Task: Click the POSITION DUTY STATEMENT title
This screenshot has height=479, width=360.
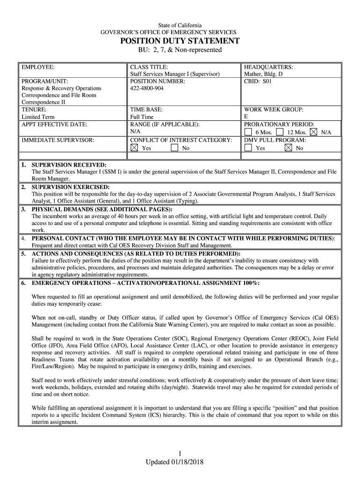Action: [x=180, y=41]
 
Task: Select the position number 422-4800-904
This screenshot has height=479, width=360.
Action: [x=147, y=88]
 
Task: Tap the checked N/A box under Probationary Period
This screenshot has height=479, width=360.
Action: [x=313, y=132]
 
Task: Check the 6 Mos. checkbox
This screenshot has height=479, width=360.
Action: [x=248, y=132]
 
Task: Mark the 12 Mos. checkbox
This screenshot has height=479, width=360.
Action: [x=280, y=132]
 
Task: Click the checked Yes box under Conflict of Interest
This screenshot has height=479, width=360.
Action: [x=134, y=148]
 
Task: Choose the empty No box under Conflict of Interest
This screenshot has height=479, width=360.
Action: [x=174, y=148]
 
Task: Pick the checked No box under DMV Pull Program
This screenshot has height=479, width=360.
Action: [x=288, y=148]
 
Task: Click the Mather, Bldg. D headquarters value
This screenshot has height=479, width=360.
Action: [x=263, y=74]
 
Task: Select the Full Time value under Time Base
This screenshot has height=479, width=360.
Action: [x=142, y=117]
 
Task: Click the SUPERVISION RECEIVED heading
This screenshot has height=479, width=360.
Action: [x=69, y=165]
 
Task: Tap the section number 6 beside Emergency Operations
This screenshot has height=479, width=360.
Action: [x=23, y=283]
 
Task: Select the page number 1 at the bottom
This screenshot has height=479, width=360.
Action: [x=180, y=453]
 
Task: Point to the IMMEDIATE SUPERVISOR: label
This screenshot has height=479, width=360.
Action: [x=58, y=140]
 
